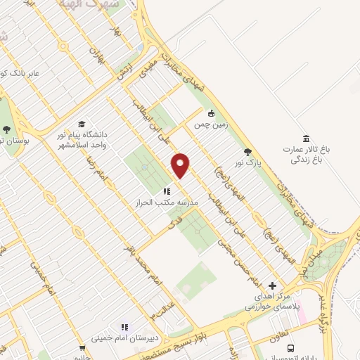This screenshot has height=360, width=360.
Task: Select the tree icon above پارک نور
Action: (247, 151)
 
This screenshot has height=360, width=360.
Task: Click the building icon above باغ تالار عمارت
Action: (306, 138)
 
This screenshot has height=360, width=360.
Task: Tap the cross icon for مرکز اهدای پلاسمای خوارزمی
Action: (273, 285)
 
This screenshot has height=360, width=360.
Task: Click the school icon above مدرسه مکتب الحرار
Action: (167, 191)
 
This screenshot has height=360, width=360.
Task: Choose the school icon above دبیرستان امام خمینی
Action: (124, 326)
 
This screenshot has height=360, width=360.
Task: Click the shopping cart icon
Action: (82, 347)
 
